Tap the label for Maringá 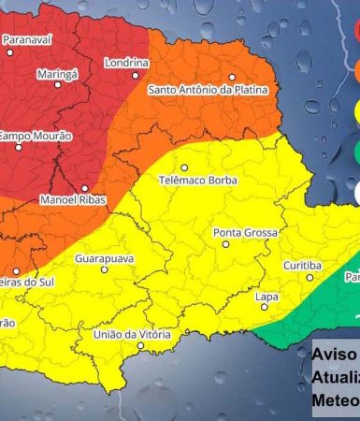pos(57,73)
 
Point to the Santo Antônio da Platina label pos(209,90)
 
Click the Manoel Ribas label pos(73,199)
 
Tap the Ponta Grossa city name pos(242,231)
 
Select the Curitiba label pos(303,265)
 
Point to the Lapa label pos(266,297)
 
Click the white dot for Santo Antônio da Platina pos(232,78)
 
